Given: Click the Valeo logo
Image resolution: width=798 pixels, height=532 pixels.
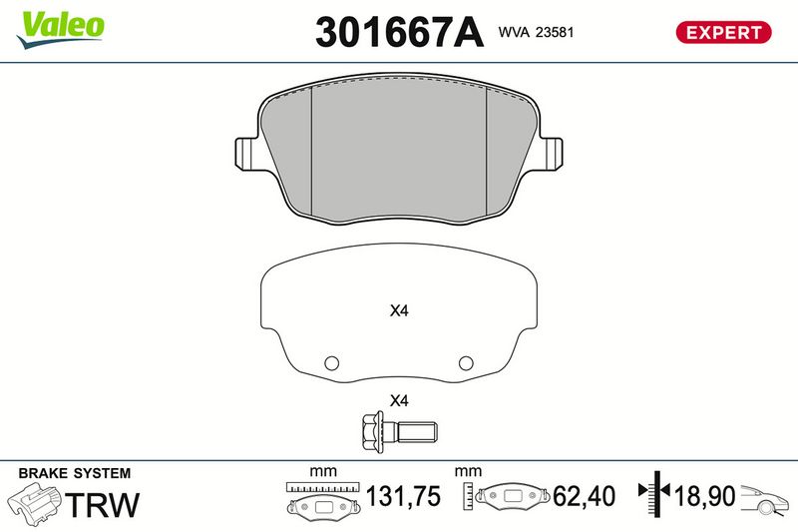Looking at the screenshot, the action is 60,30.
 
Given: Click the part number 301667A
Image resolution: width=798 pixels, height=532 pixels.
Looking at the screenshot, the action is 398,32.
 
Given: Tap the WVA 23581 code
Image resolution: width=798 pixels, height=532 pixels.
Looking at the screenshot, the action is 536,32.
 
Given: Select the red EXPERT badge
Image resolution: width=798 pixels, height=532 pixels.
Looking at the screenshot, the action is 723,32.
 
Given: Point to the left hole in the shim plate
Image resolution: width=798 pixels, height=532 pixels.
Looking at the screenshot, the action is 331,363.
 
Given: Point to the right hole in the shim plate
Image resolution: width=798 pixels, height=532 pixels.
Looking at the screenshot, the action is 466,363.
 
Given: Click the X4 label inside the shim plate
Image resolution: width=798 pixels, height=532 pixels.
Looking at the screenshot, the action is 399,310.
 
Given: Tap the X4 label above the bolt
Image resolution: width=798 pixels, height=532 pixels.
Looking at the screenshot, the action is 399,400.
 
